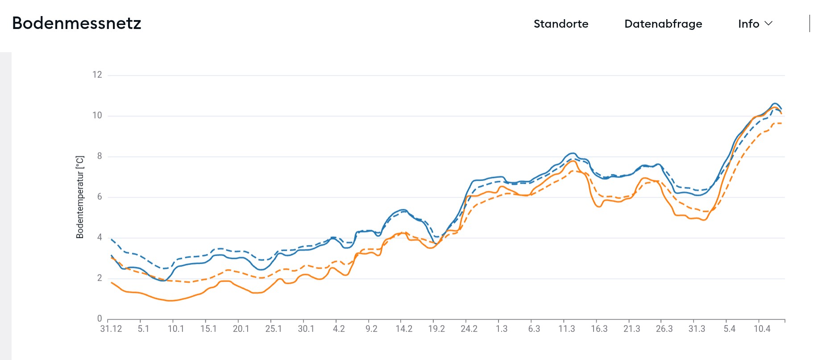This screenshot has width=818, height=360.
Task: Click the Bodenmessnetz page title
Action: click(x=76, y=23)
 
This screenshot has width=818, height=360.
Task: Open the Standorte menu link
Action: click(x=561, y=24)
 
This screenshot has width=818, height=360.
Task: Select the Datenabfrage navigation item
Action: click(x=663, y=24)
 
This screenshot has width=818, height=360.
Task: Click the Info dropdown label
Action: click(x=748, y=24)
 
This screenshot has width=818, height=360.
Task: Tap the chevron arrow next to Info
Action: click(x=768, y=23)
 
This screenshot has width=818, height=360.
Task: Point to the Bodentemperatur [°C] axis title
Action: click(x=80, y=197)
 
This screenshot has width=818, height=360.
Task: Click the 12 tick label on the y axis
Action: click(x=97, y=74)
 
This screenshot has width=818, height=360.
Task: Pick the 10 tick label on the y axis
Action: click(x=97, y=116)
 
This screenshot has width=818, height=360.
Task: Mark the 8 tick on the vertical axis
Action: click(x=100, y=156)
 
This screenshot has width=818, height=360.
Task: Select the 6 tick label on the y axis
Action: click(x=100, y=197)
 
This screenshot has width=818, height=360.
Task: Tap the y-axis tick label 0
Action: click(x=100, y=319)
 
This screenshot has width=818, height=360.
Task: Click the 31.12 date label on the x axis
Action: click(x=111, y=329)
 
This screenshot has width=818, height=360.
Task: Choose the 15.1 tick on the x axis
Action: click(x=208, y=329)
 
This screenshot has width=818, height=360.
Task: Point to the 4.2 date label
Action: click(x=339, y=329)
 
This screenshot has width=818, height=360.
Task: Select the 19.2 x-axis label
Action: click(x=436, y=329)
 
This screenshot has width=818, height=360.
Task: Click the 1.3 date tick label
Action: click(x=502, y=329)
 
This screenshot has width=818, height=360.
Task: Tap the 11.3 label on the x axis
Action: click(x=567, y=329)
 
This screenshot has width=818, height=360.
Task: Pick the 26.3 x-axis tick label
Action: click(x=664, y=329)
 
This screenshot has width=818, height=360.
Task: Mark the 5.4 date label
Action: click(x=729, y=329)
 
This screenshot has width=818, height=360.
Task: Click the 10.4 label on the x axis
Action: click(x=762, y=329)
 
